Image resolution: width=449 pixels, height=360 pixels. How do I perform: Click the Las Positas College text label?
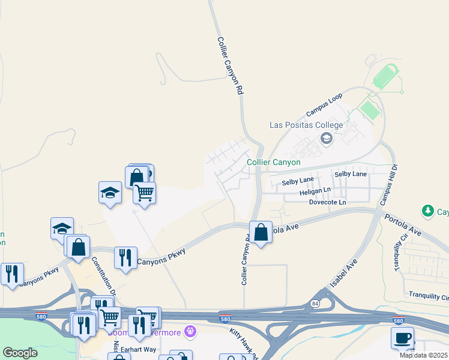pos(306,125)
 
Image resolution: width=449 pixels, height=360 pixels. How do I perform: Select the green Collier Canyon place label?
pos(273,162)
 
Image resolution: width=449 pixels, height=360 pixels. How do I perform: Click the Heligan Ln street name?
pos(315,191)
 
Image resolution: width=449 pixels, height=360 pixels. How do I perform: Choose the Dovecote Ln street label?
pos(327,203)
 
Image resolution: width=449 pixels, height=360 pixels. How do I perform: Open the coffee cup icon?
pos(402,338)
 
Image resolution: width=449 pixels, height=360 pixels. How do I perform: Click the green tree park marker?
pos(427,211)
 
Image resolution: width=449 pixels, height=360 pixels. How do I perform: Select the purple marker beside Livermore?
pos(190,330)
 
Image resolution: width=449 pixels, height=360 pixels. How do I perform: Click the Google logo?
pos(20,353)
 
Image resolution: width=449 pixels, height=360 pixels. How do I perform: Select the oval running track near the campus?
pos(384,79)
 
